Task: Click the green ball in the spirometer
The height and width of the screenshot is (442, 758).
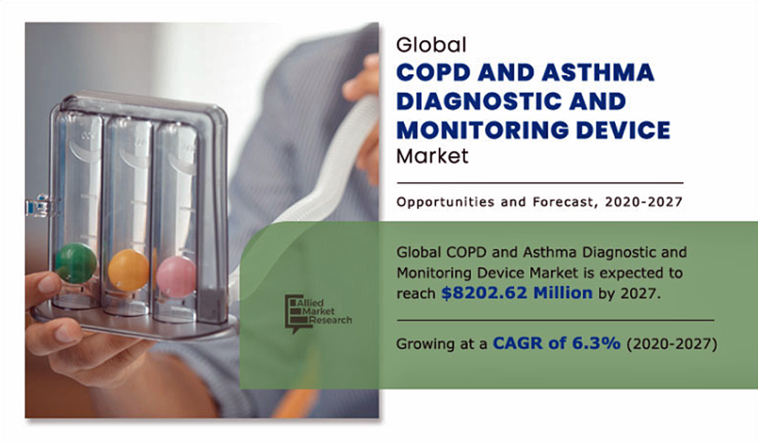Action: point(76,263)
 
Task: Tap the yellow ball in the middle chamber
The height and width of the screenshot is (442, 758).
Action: point(129,269)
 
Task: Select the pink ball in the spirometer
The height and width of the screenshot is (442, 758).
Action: point(176,277)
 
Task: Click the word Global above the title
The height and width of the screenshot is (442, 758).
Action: point(432,45)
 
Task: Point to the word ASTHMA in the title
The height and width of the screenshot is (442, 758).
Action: point(598,73)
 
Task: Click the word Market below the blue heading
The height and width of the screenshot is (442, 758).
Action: point(432,155)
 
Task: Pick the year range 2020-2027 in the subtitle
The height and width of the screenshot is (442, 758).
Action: point(643,201)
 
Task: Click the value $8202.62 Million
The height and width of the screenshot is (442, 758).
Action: point(517,292)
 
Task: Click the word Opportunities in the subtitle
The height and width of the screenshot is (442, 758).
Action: point(445,201)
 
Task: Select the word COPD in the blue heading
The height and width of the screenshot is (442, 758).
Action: point(434,73)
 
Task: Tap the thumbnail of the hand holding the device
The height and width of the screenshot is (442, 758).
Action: point(202,220)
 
